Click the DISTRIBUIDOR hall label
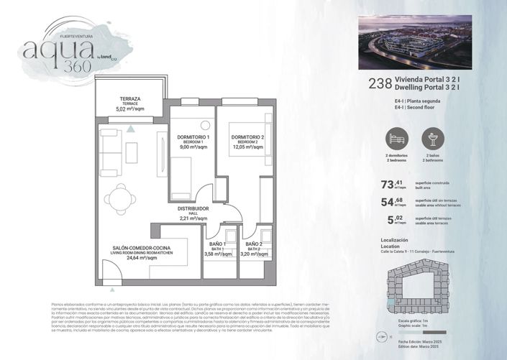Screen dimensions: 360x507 tap(193, 212)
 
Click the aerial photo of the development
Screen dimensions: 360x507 tap(414, 42)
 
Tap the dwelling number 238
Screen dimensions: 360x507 tap(378, 83)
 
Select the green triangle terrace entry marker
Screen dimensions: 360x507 tap(131, 129)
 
